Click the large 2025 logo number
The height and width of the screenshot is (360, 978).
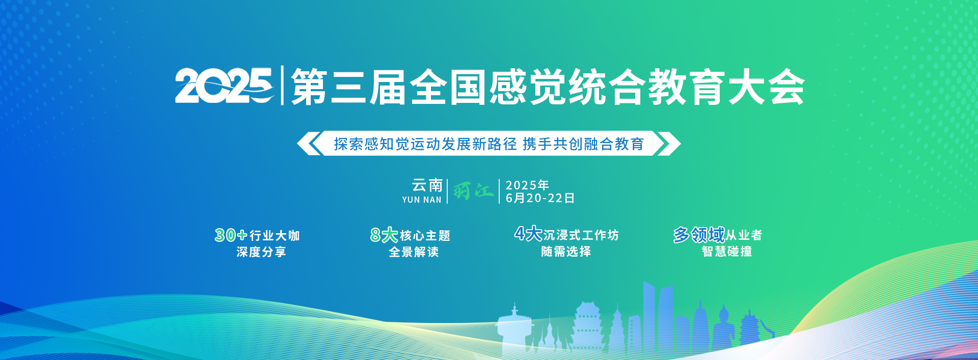click(224, 86)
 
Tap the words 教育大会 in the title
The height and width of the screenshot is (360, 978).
click(726, 87)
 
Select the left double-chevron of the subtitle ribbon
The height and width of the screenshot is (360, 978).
click(309, 143)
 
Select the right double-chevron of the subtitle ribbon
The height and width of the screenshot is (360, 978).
click(667, 143)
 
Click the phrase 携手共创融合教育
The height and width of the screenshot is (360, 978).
click(583, 144)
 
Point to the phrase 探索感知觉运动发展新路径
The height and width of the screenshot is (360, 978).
click(425, 144)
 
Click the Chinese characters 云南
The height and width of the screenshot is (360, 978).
click(427, 185)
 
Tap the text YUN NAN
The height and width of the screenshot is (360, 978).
click(422, 200)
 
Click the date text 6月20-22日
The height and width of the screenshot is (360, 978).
click(540, 198)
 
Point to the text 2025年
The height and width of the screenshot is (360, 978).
click(527, 185)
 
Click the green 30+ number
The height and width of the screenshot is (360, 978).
click(231, 235)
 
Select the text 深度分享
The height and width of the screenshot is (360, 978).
click(261, 252)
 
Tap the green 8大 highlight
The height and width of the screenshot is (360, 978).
click(384, 235)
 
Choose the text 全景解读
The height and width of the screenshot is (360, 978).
click(414, 252)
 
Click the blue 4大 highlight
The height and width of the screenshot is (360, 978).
click(528, 234)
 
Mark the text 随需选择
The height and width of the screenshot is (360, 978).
click(566, 252)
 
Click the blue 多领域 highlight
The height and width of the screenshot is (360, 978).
click(699, 235)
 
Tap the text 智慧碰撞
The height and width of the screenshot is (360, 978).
click(727, 252)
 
